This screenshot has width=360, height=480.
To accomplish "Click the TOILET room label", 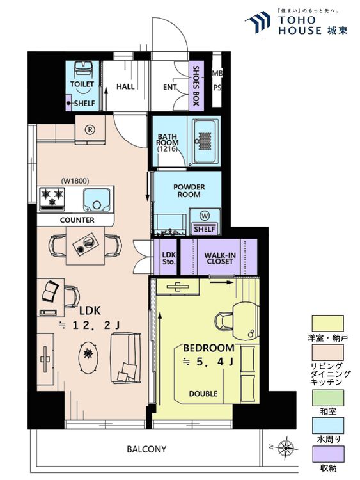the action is [x=82, y=84].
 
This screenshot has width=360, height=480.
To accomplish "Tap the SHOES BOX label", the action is [x=196, y=86].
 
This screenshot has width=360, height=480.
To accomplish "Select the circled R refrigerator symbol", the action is [x=90, y=130].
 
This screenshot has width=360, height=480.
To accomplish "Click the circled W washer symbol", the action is [x=205, y=216].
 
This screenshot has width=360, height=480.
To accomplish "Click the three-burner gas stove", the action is [x=52, y=199].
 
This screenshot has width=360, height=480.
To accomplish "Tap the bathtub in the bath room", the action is [x=205, y=141].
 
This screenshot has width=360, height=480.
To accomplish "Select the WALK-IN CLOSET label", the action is [x=219, y=258].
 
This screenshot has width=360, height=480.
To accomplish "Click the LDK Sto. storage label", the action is [x=169, y=258].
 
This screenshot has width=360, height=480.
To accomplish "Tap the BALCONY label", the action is [x=146, y=449].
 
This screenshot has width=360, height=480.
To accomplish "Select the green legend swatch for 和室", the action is [x=327, y=397].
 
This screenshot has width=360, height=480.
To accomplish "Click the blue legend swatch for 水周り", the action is [x=327, y=426].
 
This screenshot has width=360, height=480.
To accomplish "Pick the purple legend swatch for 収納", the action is [x=327, y=454].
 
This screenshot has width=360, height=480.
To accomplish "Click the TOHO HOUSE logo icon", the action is [x=258, y=21].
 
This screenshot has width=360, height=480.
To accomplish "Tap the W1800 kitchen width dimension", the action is [x=75, y=181].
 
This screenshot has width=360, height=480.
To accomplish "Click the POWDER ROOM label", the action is [x=189, y=191].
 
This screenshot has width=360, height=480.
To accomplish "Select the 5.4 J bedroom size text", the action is [x=208, y=362].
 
